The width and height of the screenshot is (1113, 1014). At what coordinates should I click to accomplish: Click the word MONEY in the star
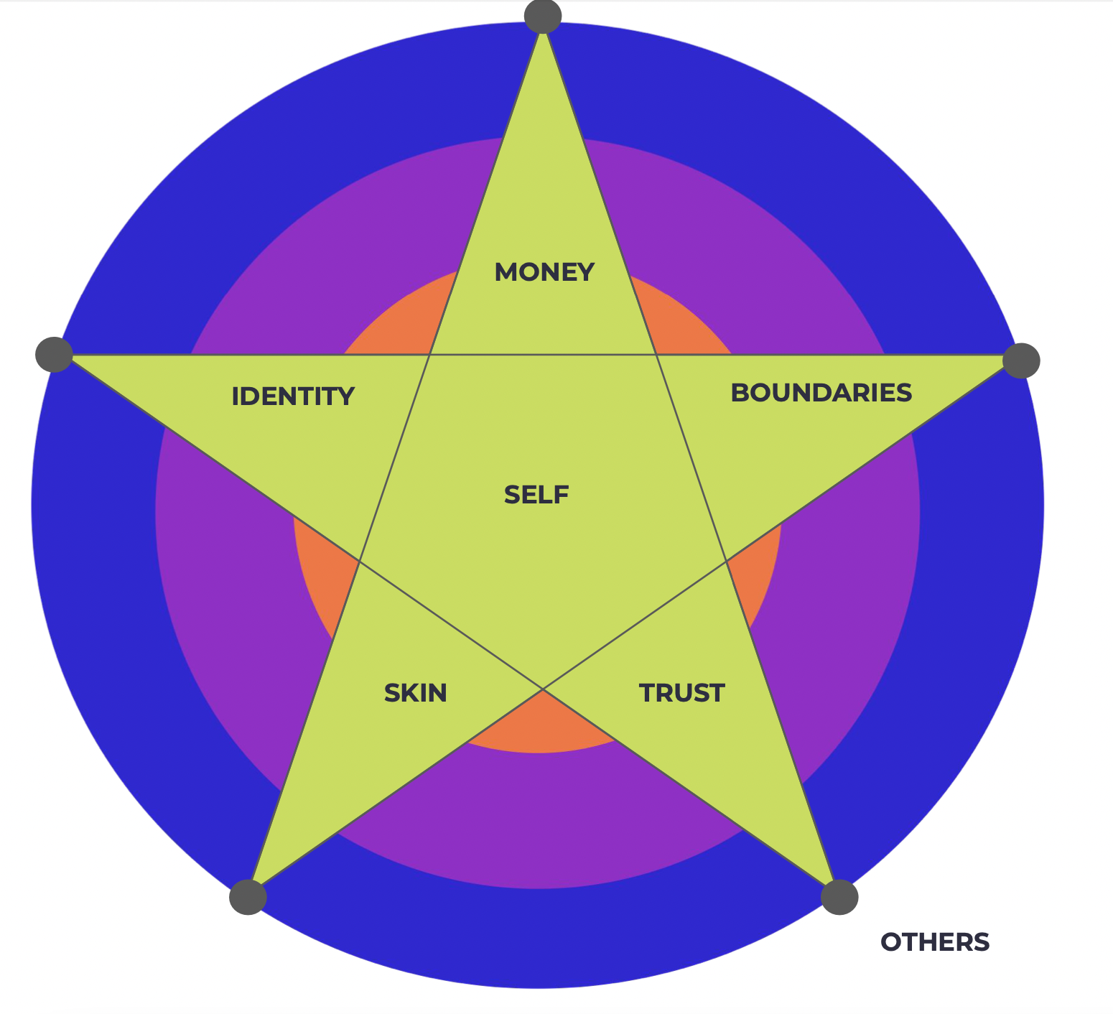click(x=544, y=273)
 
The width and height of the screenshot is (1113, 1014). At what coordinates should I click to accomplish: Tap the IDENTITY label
click(x=293, y=396)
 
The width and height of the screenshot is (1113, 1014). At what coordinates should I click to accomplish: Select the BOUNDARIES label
click(x=821, y=393)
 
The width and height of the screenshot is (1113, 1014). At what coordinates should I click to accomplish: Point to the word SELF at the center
click(x=536, y=495)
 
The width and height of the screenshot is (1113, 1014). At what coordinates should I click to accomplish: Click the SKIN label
click(x=416, y=693)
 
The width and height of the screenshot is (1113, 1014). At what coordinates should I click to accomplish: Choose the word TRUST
click(x=681, y=693)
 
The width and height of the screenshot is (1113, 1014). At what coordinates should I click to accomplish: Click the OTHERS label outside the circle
click(x=935, y=942)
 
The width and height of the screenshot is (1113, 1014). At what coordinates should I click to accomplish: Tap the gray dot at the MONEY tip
click(x=543, y=15)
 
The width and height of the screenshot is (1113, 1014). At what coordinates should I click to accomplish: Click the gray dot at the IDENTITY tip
click(x=54, y=354)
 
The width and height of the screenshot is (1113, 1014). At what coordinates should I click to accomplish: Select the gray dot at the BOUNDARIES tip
click(x=1021, y=360)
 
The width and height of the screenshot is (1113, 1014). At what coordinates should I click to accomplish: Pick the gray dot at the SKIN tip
click(x=248, y=896)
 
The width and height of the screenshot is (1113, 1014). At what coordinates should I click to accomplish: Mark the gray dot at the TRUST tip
click(x=839, y=896)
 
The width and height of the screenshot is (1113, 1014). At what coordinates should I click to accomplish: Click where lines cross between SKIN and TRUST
click(x=543, y=689)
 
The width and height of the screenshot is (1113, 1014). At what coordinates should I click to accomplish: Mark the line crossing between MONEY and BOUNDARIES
click(x=656, y=354)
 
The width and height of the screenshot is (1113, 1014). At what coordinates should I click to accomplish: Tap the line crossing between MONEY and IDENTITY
click(x=429, y=354)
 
